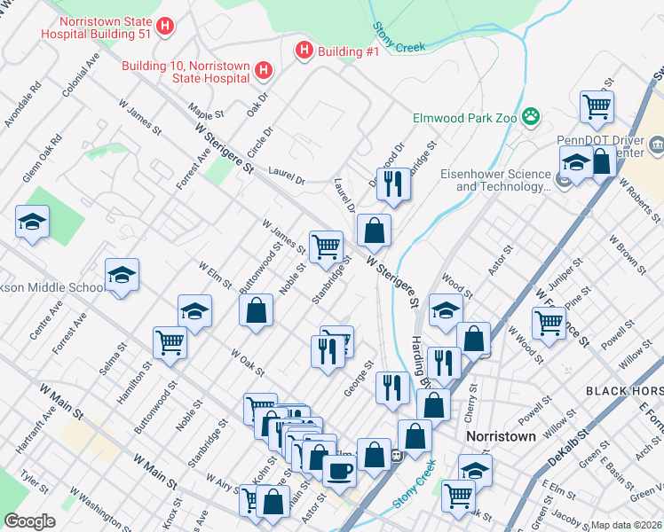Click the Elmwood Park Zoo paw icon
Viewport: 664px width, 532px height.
pos(531,116)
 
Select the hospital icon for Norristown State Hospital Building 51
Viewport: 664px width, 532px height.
pos(163,27)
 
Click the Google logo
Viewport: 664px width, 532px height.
pos(29,521)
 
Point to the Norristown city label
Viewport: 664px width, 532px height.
pos(502,437)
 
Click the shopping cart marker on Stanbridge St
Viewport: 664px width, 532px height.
pos(326,246)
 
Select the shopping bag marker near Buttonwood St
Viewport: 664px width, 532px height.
pos(256,310)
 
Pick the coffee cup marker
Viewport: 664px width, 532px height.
pos(338,470)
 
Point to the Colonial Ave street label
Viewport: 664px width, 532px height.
pos(79,79)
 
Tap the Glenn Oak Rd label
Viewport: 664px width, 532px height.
pos(42,159)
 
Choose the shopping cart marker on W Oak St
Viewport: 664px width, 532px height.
pos(170,341)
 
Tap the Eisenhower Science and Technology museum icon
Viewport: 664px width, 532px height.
pos(561,181)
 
